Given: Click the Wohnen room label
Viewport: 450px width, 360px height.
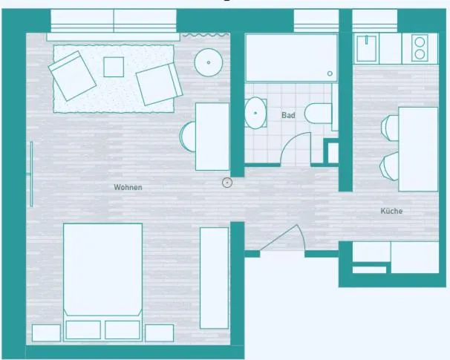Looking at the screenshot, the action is (x=128, y=187).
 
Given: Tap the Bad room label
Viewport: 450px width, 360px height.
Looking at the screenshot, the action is (x=288, y=115).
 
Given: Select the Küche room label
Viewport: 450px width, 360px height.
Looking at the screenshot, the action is (x=391, y=211).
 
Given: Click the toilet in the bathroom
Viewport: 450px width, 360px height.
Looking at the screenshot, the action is (x=318, y=114).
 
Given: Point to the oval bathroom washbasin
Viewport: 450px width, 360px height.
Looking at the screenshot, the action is (x=255, y=113).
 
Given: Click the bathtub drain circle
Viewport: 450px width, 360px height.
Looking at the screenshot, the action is (x=330, y=73).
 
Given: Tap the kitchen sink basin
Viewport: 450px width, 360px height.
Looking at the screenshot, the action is (x=367, y=48).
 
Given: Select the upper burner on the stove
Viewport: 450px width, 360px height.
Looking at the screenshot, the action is (x=420, y=42).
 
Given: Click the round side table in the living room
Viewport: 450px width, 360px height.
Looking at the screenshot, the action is (x=209, y=62).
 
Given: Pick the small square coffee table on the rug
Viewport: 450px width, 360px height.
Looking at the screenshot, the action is (x=114, y=67).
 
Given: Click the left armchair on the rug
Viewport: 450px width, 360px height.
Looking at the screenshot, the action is (x=72, y=76).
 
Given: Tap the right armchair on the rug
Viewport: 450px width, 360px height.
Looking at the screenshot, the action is (x=159, y=84).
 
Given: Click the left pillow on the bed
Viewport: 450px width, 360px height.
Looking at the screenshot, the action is (x=83, y=330).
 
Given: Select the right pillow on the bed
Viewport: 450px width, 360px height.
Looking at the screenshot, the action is (x=123, y=330).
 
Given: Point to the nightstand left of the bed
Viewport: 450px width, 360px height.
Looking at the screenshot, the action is (x=46, y=333).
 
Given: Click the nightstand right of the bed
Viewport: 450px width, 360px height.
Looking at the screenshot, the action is (x=159, y=333).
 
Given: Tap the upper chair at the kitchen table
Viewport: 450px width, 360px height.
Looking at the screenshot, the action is (x=390, y=128).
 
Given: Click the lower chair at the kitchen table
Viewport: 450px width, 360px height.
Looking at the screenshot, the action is (x=389, y=166).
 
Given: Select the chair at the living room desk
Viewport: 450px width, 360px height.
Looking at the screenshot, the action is (x=188, y=137).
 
